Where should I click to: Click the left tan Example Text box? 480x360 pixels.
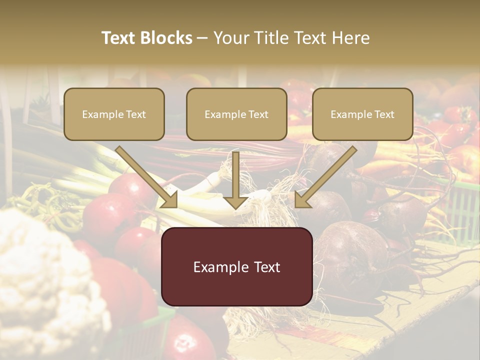pos(114,114)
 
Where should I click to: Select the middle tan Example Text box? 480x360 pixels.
pos(236,114)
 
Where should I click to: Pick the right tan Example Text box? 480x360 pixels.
pos(362,114)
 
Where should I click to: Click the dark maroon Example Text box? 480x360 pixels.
pos(236,266)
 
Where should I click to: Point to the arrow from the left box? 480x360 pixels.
pos(145,175)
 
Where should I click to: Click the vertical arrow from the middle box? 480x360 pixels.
pos(236,175)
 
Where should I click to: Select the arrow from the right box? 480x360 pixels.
pos(327,175)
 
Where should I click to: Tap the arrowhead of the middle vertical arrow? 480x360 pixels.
pos(236,201)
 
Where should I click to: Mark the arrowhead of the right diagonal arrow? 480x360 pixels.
pos(303,199)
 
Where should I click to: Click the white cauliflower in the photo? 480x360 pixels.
pos(45,280)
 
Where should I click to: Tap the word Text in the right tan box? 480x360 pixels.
pos(384,114)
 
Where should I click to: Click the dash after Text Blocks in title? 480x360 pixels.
pos(202,38)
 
